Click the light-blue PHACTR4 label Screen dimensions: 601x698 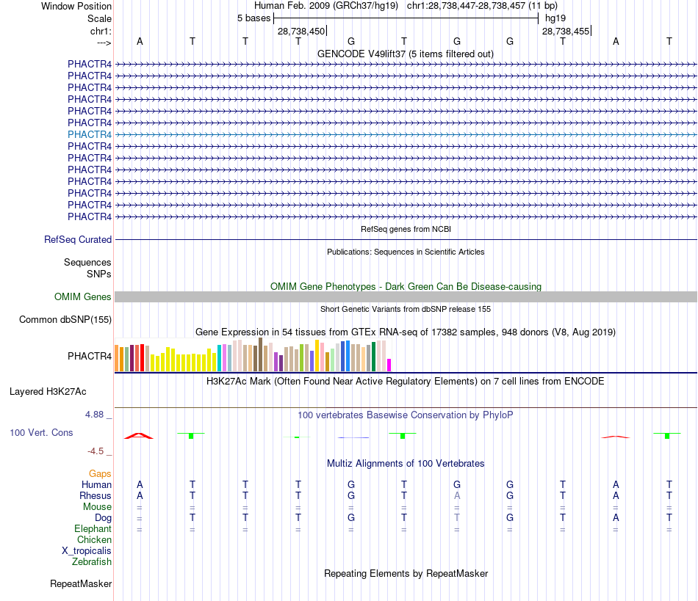(90, 134)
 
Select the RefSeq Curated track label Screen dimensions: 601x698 (78, 239)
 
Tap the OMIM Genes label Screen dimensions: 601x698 (83, 296)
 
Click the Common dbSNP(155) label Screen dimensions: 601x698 (65, 319)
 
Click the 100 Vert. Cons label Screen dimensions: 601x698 (41, 432)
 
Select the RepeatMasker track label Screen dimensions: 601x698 (81, 584)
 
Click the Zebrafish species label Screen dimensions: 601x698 (92, 562)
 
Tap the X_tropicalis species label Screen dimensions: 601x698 (87, 551)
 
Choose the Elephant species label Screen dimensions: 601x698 (93, 528)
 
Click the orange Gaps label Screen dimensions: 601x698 (100, 473)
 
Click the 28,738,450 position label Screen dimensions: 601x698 (301, 32)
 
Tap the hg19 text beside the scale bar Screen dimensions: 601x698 (555, 18)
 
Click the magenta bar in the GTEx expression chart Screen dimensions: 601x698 (389, 365)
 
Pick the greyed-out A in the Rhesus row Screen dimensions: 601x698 (457, 495)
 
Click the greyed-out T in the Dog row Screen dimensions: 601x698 (457, 517)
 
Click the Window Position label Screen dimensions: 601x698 (76, 6)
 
